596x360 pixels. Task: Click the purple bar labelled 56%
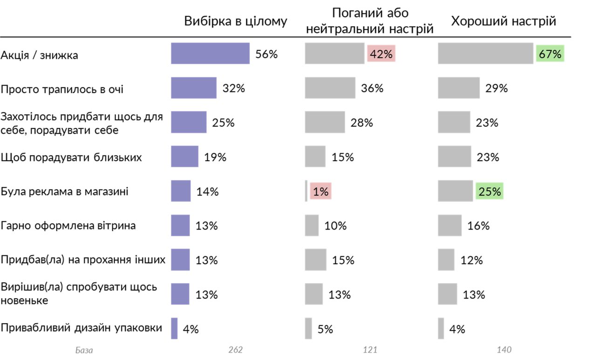(210, 54)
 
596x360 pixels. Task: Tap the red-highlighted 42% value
(381, 54)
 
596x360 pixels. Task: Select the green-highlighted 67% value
(550, 54)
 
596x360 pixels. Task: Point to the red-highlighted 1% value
(320, 191)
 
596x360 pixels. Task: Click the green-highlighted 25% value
(489, 191)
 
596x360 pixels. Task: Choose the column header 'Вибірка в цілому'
(236, 22)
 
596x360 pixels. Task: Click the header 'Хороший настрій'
(504, 22)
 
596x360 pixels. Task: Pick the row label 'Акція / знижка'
(40, 55)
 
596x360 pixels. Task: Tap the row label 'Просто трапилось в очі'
(62, 89)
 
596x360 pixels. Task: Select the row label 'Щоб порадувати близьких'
(71, 157)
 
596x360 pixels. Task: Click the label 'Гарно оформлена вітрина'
(68, 226)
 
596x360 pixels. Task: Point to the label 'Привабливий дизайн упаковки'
(81, 328)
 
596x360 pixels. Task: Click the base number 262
(236, 350)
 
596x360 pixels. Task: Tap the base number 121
(370, 350)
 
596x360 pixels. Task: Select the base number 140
(504, 350)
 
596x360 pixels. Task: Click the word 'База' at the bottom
(84, 350)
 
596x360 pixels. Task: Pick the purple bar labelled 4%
(174, 328)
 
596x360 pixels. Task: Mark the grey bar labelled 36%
(330, 88)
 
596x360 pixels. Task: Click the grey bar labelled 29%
(459, 88)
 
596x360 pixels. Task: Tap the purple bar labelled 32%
(194, 88)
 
